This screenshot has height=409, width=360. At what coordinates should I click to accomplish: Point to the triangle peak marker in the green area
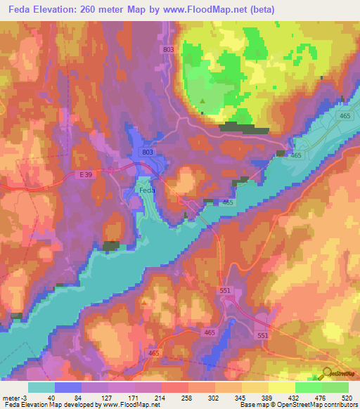[203, 101]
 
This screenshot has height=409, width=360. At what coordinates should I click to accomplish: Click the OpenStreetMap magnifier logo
[327, 374]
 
